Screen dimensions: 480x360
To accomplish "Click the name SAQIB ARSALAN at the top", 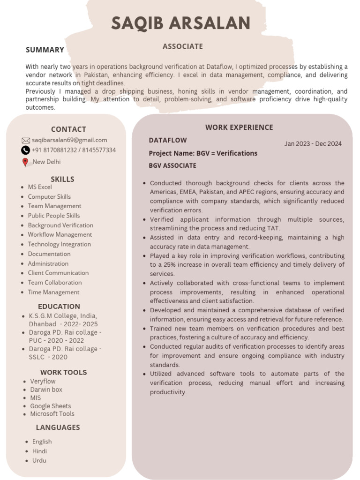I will coord(180,23).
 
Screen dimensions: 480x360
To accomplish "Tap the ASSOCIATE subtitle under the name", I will coord(182,46).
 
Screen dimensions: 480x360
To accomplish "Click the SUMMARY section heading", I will coord(45,50).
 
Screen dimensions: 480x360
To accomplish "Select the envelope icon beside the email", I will coord(26,140).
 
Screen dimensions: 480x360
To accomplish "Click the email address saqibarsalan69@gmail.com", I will coord(69,140).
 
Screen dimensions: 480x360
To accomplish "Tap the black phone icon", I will coord(26,150).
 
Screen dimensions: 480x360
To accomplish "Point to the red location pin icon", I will coord(25,163).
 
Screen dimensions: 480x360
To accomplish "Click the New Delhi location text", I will coord(46,162).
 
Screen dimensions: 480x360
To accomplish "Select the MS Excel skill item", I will coord(40,187).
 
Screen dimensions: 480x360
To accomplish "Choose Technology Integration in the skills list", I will coord(59,244).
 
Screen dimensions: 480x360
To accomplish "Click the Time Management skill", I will coord(53,292).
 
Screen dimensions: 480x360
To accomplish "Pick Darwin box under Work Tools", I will coord(46,390).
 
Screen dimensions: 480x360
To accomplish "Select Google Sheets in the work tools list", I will coord(51,406).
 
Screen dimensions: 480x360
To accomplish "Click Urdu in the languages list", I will coord(39,460).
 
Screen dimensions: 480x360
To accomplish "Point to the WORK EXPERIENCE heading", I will coord(239,127).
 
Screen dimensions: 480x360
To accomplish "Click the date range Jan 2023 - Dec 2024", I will coord(313,144).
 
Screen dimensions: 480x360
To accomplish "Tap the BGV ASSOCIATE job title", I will coord(172,165).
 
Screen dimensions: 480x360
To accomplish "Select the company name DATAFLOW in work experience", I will coord(168,140).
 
